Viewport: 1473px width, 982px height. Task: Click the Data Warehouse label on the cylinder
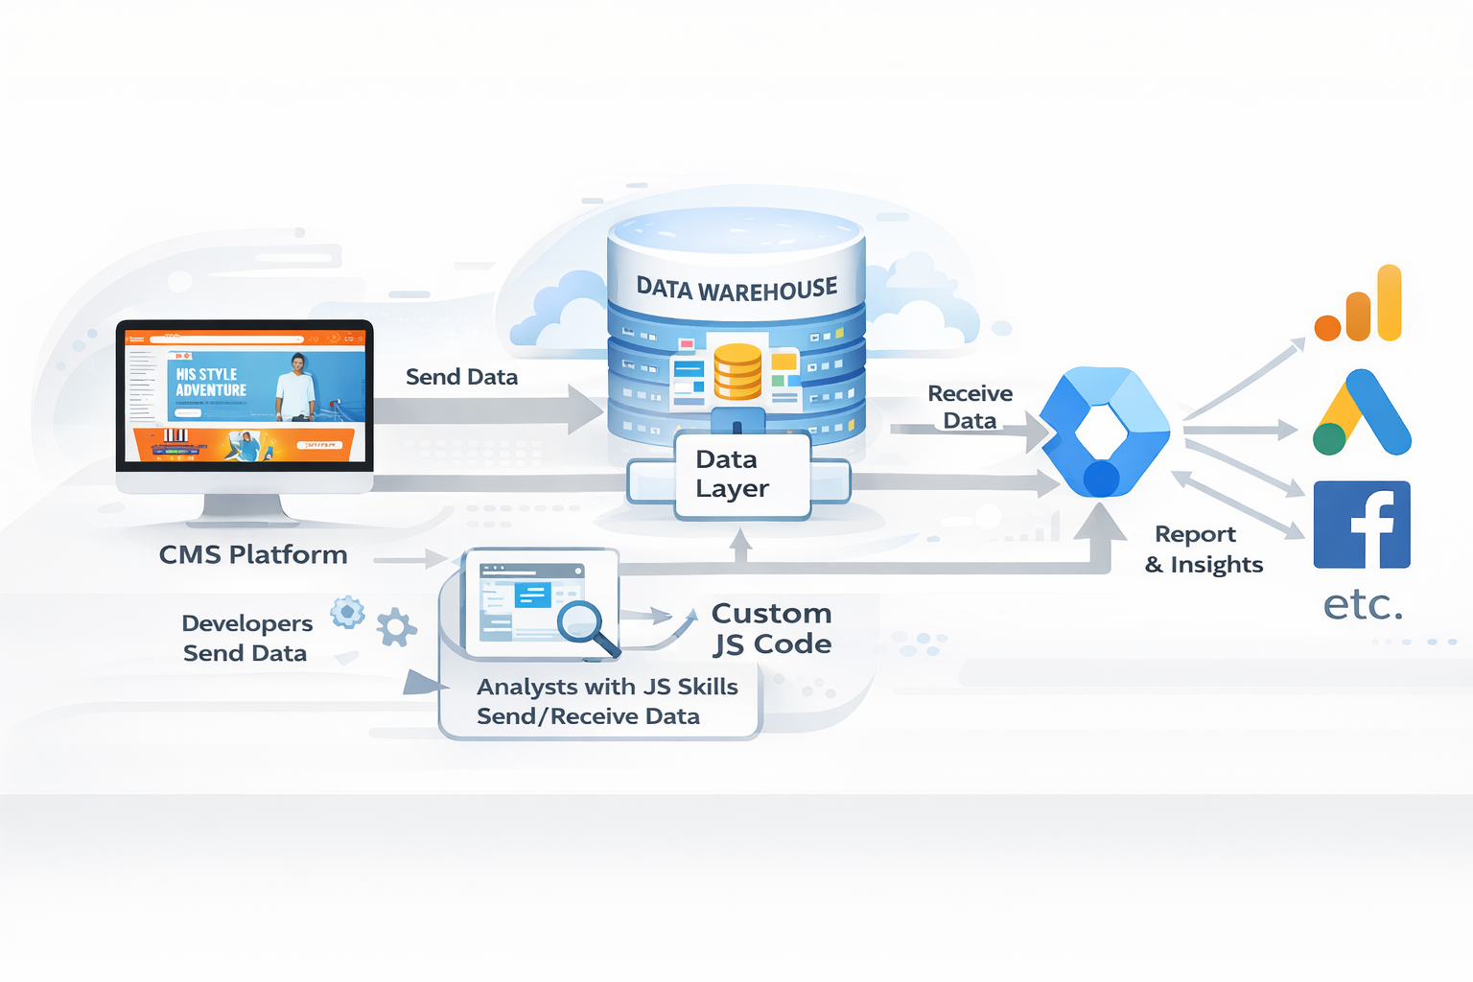[x=736, y=289]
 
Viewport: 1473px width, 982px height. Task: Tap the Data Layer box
[x=733, y=474]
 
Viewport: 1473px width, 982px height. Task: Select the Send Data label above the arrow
[x=461, y=377]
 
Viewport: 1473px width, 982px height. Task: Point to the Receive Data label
[x=970, y=407]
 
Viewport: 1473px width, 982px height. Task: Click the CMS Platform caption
[x=253, y=554]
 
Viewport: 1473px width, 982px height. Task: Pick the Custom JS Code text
[x=771, y=628]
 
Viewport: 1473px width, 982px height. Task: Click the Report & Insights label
[x=1204, y=549]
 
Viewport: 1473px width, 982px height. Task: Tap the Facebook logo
[x=1362, y=525]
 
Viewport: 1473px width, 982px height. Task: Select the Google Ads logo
[x=1362, y=413]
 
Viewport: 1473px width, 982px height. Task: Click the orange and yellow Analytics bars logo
[x=1360, y=307]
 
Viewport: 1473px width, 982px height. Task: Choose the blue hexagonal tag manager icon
[x=1105, y=432]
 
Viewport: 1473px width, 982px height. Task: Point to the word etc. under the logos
[x=1363, y=604]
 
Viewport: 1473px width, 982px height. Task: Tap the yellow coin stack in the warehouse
[x=737, y=371]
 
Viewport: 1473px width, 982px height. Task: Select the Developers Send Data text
[x=246, y=638]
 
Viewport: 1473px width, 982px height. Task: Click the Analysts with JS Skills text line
[x=607, y=687]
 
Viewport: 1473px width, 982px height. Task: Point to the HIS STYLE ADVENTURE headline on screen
[x=211, y=382]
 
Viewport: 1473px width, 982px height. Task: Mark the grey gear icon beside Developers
[x=396, y=627]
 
